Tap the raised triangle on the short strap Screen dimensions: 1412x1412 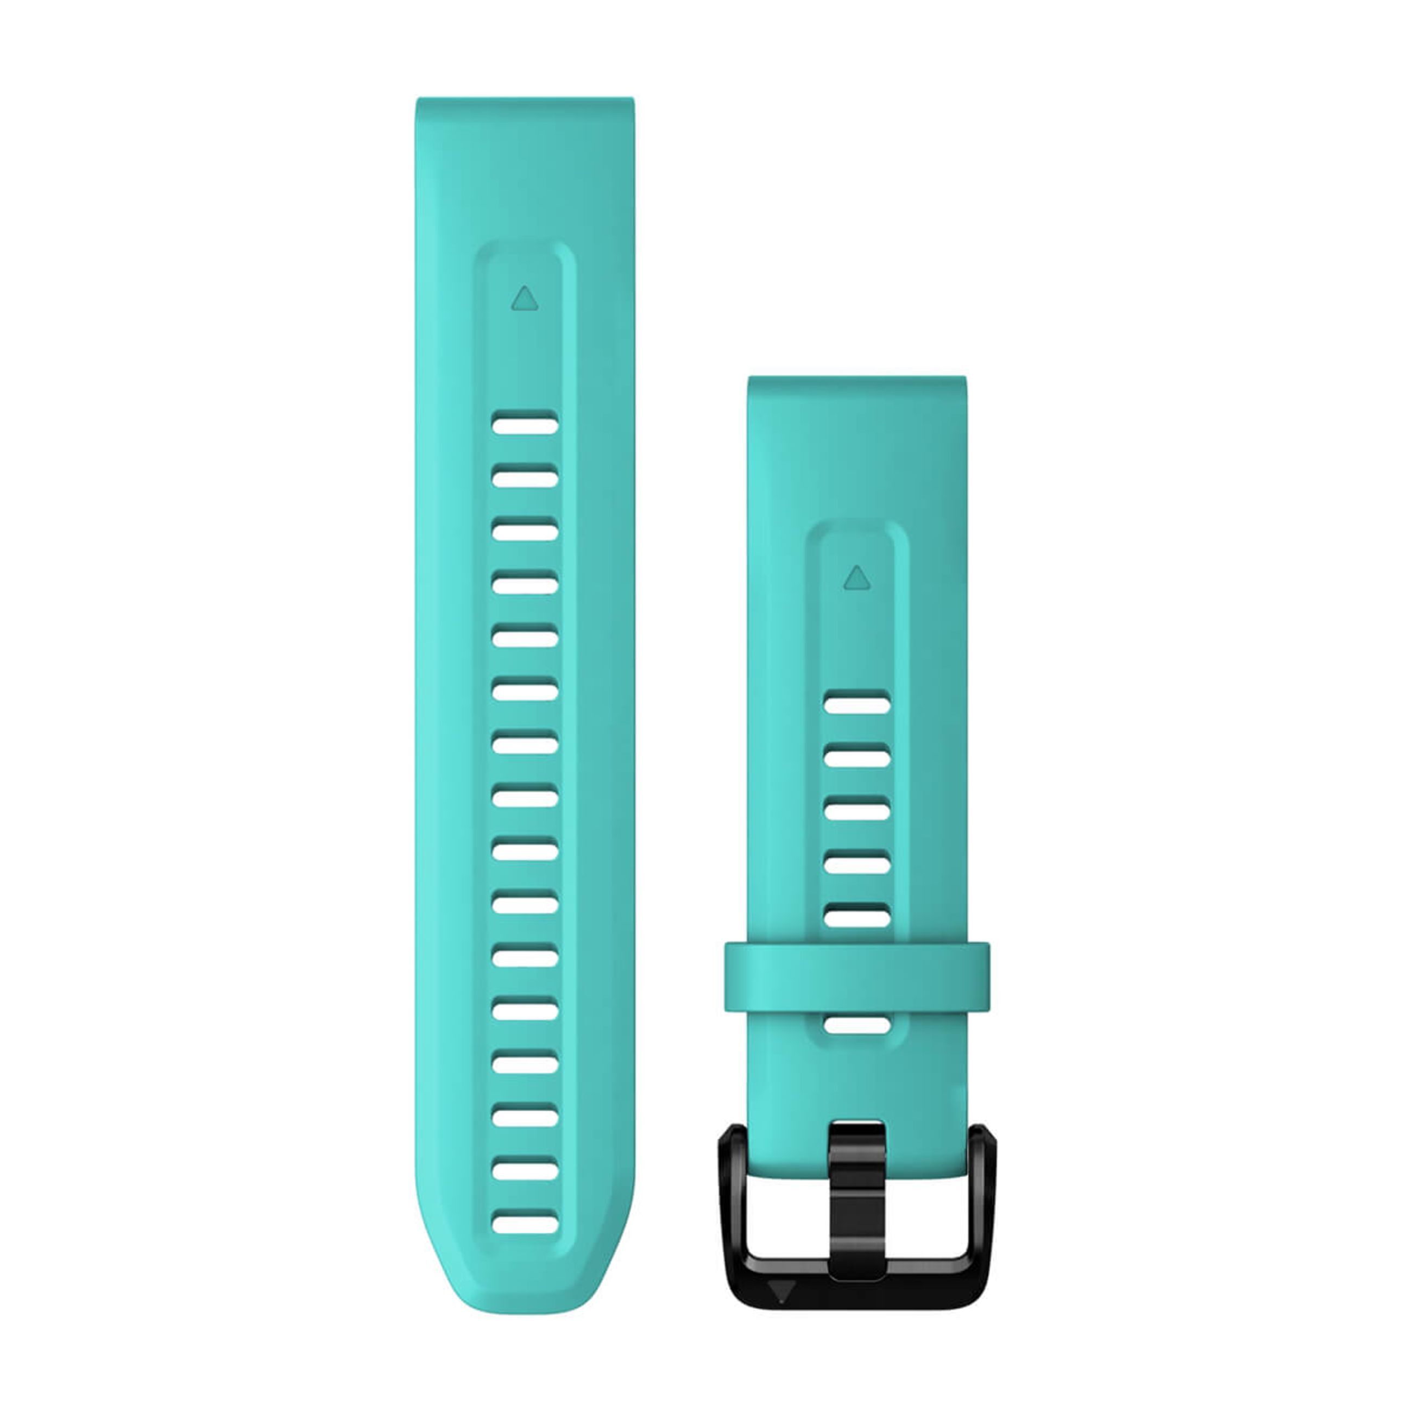pyautogui.click(x=858, y=578)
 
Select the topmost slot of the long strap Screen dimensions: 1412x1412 pyautogui.click(x=525, y=424)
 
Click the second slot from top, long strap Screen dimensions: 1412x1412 pyautogui.click(x=525, y=478)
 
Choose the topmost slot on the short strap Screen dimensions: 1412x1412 pyautogui.click(x=858, y=704)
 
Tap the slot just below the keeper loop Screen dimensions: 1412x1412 pyautogui.click(x=858, y=1025)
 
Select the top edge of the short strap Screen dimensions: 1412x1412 pyautogui.click(x=858, y=379)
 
